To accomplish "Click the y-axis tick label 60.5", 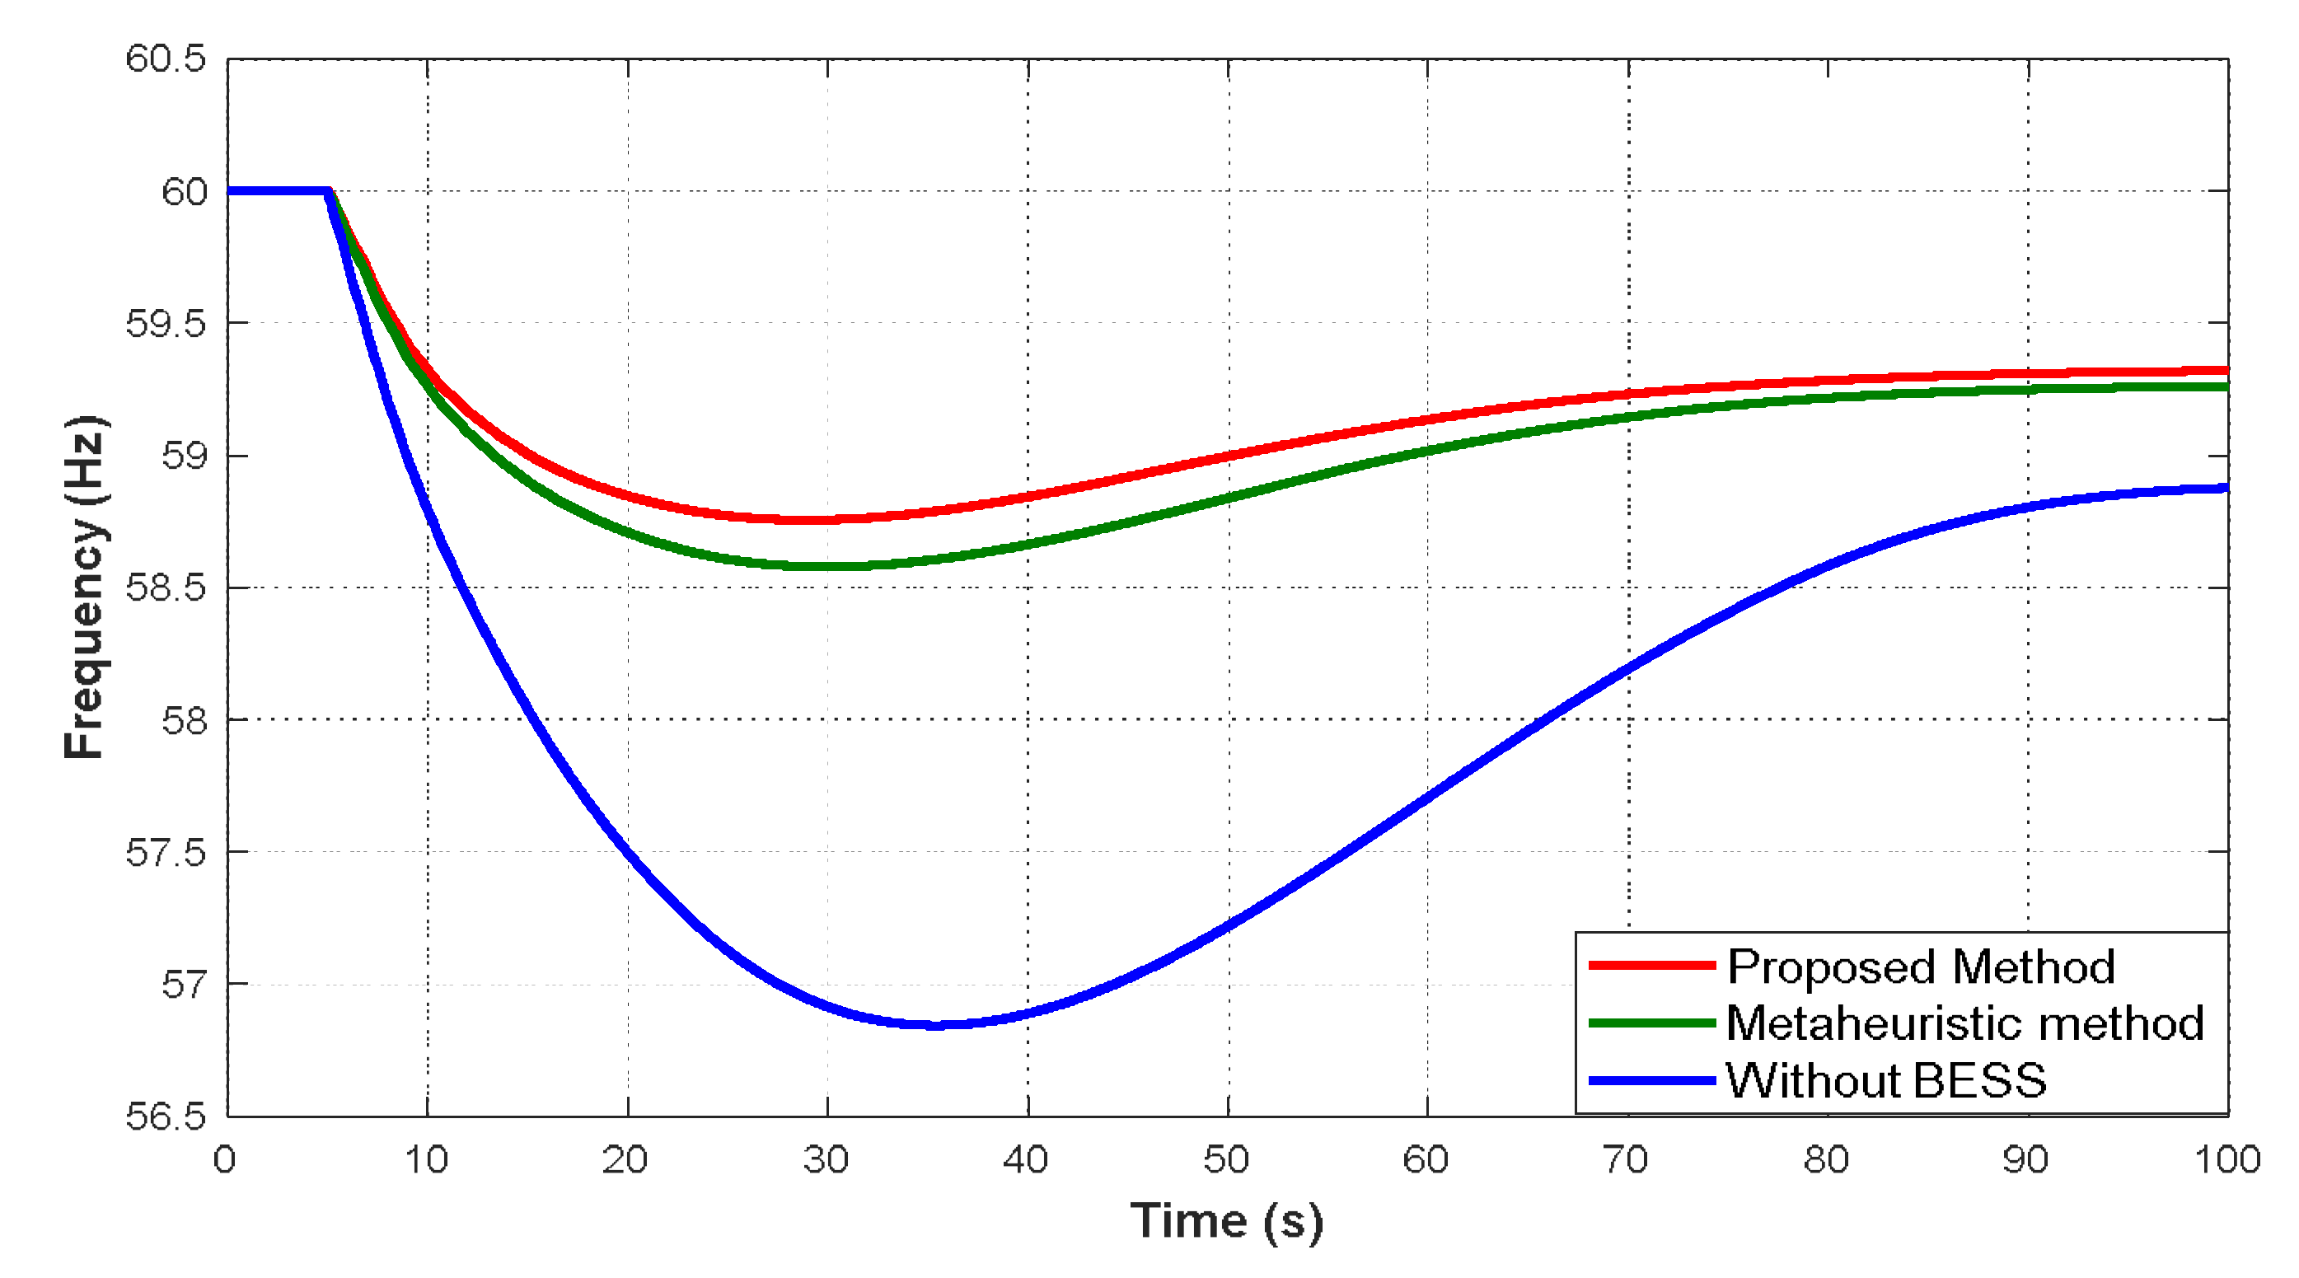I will (x=166, y=59).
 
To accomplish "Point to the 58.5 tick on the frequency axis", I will (x=166, y=588).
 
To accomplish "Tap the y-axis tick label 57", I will (x=184, y=985).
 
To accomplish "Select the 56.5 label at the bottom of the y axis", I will (x=166, y=1116).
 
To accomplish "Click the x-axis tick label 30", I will (x=826, y=1160).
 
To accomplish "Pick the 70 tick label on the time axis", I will (x=1625, y=1160).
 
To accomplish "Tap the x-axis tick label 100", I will (x=2226, y=1160).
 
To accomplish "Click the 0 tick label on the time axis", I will (x=225, y=1160).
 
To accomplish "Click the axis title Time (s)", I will (x=1226, y=1221).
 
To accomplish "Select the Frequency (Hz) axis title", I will (x=86, y=588).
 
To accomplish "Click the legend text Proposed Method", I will (x=1921, y=967).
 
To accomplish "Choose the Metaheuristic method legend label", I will (x=1964, y=1023).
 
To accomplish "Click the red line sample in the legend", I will (x=1651, y=966).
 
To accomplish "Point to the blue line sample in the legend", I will (x=1651, y=1081).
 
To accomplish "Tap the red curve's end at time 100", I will (x=2226, y=369).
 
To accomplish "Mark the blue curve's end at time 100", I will (x=2226, y=488).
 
